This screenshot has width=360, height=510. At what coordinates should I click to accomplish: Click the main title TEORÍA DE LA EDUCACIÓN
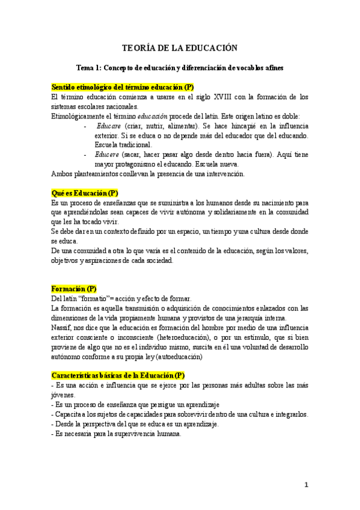(x=180, y=48)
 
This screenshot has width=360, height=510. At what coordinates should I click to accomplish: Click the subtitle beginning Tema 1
(x=180, y=69)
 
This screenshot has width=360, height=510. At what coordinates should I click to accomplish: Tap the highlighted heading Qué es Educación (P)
(x=85, y=193)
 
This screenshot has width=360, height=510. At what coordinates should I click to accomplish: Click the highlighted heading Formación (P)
(x=74, y=289)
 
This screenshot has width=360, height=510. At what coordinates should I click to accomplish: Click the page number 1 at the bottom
(x=306, y=485)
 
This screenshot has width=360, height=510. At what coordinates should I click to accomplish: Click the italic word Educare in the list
(x=108, y=126)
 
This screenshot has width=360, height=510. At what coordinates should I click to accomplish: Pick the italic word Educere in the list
(x=108, y=155)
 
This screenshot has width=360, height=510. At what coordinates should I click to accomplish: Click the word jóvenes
(x=63, y=395)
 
